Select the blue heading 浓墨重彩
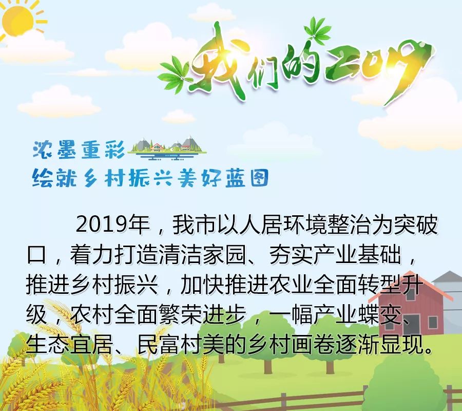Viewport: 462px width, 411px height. [x=79, y=150]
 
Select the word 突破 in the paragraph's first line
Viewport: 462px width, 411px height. [x=416, y=225]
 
